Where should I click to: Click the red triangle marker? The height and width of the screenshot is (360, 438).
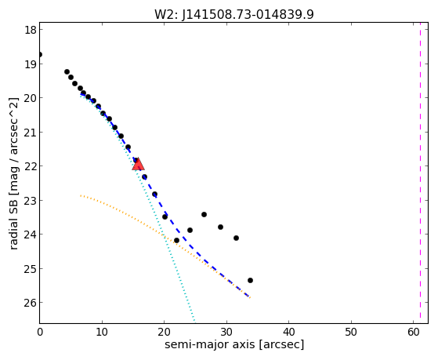tap(138, 164)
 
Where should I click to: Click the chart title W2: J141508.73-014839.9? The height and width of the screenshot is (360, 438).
tap(234, 14)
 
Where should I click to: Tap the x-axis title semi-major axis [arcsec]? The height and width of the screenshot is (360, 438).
tap(234, 344)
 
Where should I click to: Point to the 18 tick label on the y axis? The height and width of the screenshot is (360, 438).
tap(31, 30)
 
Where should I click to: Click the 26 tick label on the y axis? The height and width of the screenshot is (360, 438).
tap(31, 303)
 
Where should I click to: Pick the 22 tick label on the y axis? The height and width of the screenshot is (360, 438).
tap(31, 166)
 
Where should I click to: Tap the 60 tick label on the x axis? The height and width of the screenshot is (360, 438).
tap(413, 333)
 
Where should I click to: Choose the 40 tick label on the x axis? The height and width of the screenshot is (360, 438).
tap(288, 333)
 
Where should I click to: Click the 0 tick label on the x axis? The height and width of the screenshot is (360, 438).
tap(40, 333)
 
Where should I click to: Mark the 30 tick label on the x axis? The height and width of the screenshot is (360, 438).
tap(226, 333)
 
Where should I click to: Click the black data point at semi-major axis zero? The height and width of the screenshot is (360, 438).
tap(40, 54)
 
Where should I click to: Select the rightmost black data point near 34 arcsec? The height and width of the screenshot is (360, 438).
tap(250, 280)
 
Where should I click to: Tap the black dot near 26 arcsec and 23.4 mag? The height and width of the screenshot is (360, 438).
tap(204, 215)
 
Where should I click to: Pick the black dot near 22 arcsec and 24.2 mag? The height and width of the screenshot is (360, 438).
tap(176, 240)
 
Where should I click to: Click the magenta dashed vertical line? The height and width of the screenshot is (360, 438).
tap(420, 173)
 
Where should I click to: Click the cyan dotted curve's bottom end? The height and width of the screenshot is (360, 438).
tap(194, 321)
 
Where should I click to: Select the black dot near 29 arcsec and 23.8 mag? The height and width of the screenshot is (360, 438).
tap(220, 227)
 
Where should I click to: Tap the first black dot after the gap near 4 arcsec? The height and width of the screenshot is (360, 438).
tap(67, 72)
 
